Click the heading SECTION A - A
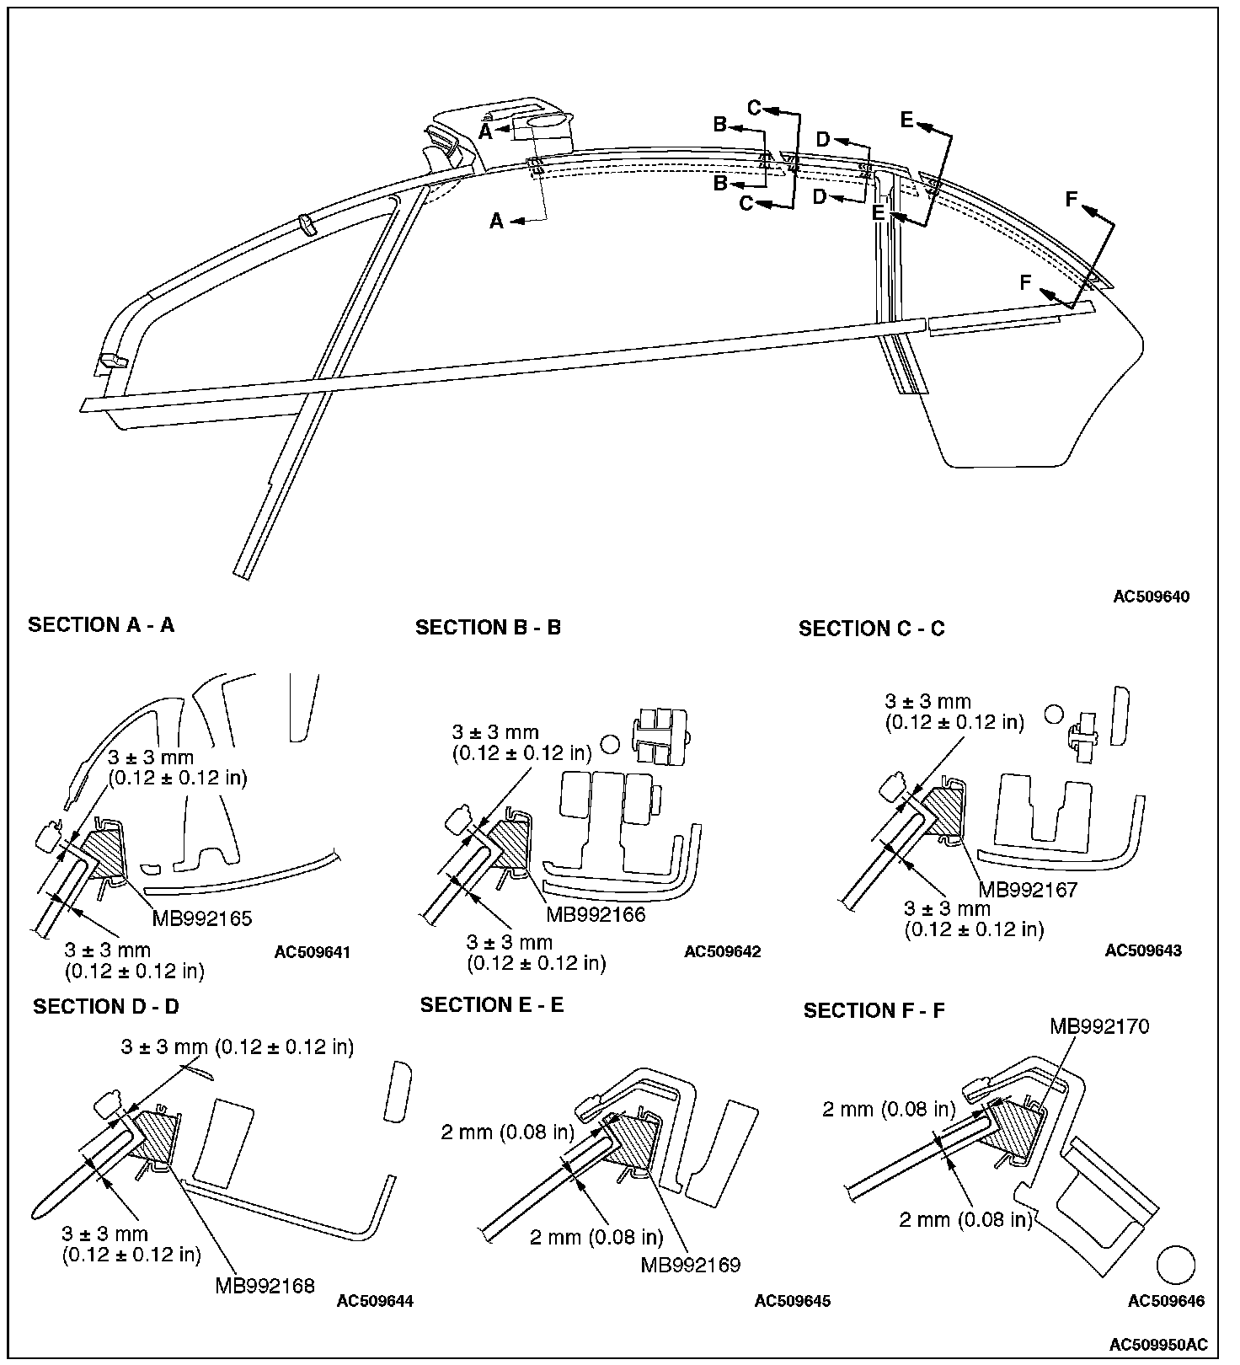click(101, 625)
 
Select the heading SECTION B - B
click(488, 628)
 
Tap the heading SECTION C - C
click(871, 629)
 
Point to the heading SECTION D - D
click(106, 1007)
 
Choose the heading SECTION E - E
click(492, 1005)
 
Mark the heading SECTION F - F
click(874, 1011)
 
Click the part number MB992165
click(202, 918)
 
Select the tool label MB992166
click(596, 914)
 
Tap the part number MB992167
click(1028, 890)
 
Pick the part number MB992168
click(265, 1286)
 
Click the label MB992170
click(1099, 1026)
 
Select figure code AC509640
click(1152, 597)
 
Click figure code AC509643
click(1143, 951)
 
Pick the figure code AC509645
click(793, 1301)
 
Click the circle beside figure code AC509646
click(1176, 1266)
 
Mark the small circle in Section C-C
click(1053, 715)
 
